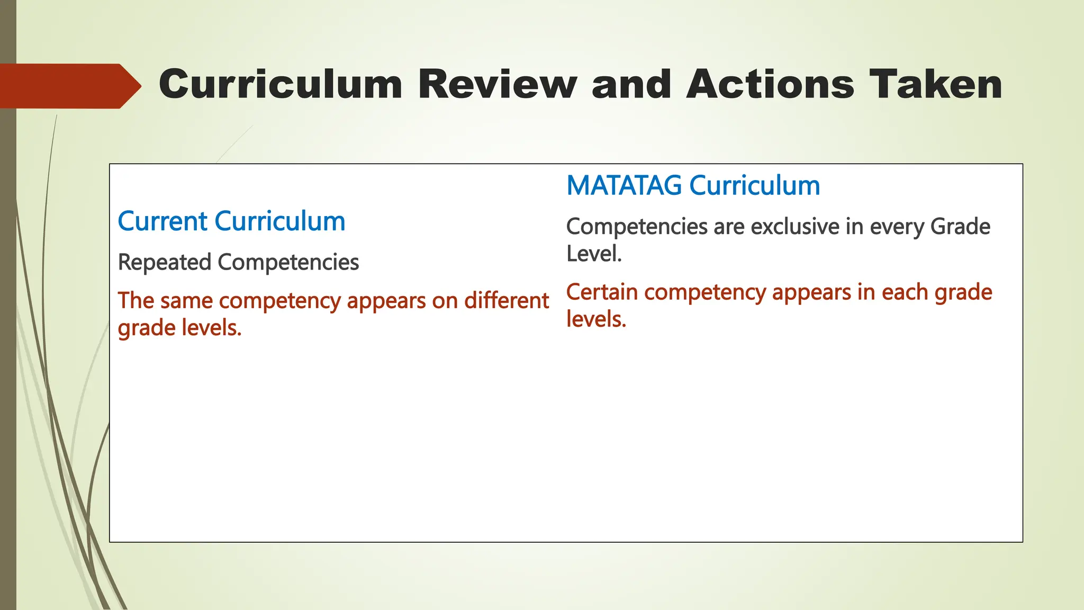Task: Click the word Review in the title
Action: (497, 85)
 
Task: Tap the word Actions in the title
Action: (770, 85)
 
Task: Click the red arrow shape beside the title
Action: (69, 86)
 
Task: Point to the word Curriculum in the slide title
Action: (281, 85)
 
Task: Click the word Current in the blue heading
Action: (161, 221)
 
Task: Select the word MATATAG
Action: (624, 185)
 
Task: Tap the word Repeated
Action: (164, 262)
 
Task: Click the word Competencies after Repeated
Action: (288, 262)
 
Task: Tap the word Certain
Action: (602, 292)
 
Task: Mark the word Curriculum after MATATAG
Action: (755, 185)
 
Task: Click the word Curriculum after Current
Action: (280, 221)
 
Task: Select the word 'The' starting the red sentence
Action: (135, 301)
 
